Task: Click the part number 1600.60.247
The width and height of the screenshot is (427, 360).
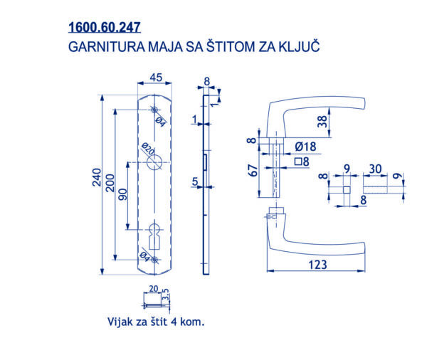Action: pos(105,27)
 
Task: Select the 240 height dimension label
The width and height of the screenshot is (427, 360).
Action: pos(97,177)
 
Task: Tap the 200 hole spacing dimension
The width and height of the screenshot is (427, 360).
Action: pos(110,183)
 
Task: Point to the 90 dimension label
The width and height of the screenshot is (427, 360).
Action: pos(123,194)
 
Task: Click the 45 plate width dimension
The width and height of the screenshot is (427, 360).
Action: pos(156,78)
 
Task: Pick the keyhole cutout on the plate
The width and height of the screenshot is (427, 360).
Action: pos(154,236)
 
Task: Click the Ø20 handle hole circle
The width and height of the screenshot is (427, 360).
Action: pos(154,162)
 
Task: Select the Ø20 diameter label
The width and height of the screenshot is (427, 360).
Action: pos(148,149)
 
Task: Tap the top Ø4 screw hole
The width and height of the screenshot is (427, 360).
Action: pos(154,110)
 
